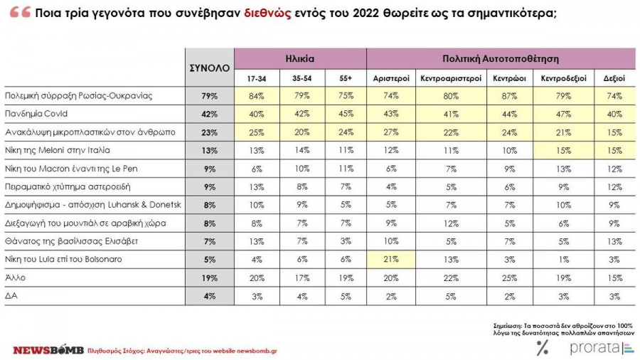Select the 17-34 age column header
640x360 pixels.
pyautogui.click(x=257, y=78)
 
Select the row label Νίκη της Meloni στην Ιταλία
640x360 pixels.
pyautogui.click(x=57, y=149)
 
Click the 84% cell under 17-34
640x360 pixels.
pyautogui.click(x=257, y=95)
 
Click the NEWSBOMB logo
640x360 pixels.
pyautogui.click(x=48, y=350)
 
